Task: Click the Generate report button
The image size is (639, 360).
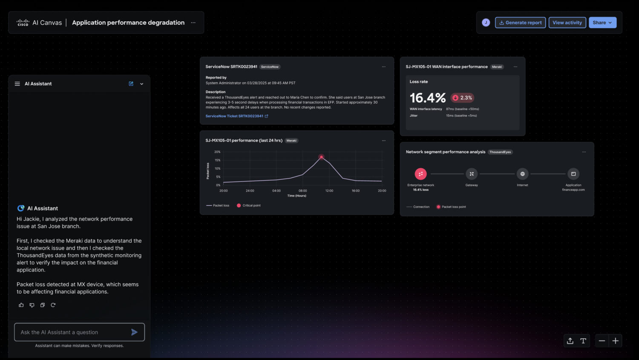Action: pos(520,23)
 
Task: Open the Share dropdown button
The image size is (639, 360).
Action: pos(602,23)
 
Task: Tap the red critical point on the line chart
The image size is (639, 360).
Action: pos(321,157)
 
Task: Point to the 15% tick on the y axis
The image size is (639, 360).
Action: pos(217,160)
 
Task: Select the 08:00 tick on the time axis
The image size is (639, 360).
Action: pos(303,191)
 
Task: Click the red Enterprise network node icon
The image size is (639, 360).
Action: pos(420,174)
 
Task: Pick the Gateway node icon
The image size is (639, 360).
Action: pos(472,174)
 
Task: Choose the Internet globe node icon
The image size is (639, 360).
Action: pos(522,174)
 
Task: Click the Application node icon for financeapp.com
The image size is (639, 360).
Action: pos(573,174)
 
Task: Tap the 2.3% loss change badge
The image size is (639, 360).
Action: pos(462,98)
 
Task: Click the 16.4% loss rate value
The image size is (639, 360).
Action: pos(427,98)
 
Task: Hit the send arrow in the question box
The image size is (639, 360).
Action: pos(134,332)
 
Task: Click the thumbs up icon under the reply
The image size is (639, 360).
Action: pos(21,305)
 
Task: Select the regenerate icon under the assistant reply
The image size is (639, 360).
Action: pos(53,305)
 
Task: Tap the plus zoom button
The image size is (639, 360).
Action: pos(615,341)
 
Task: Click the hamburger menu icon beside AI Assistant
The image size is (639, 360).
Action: pos(17,84)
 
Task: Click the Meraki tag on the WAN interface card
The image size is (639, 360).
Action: pos(497,67)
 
